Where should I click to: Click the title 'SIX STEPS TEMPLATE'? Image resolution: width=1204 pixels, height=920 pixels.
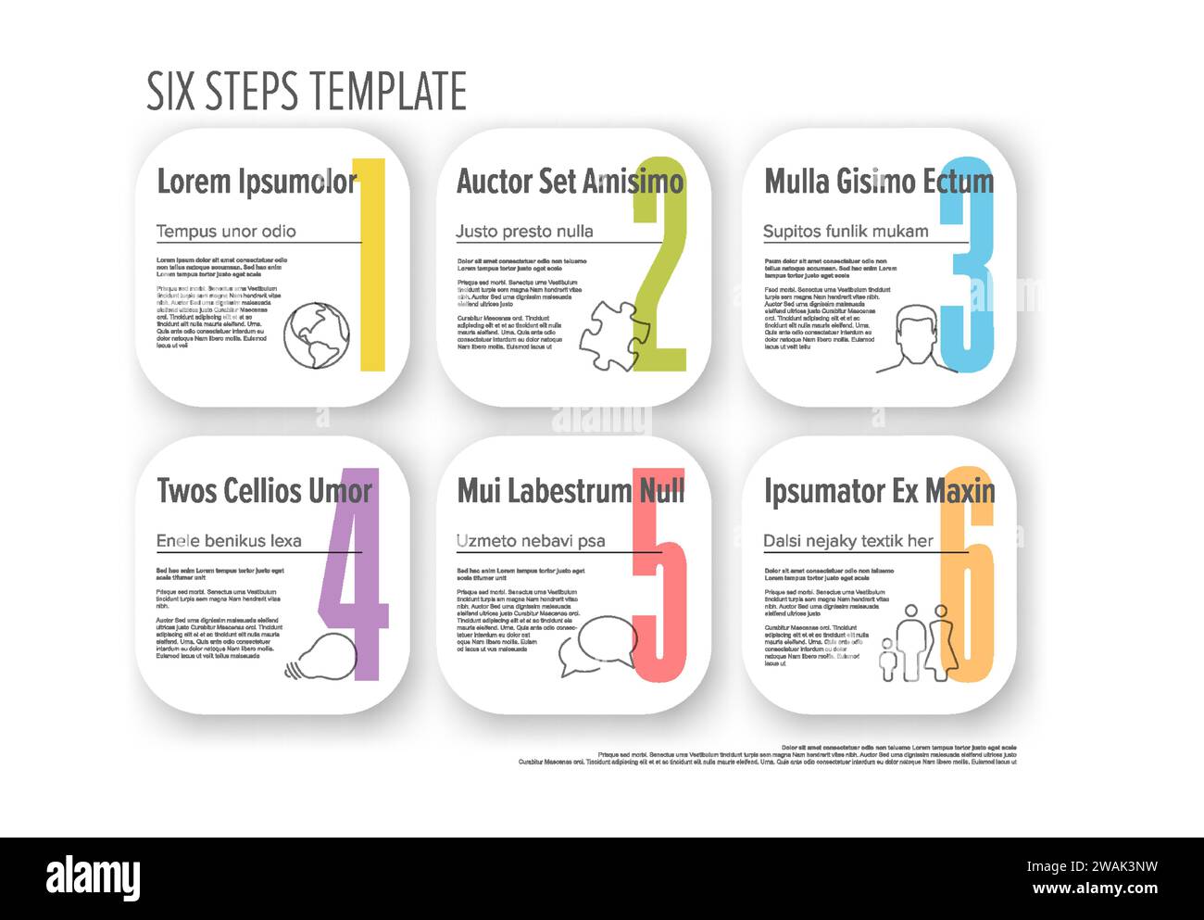307,91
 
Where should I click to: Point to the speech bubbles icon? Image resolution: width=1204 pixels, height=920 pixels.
596,645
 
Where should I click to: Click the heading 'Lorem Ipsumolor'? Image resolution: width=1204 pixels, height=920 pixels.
256,182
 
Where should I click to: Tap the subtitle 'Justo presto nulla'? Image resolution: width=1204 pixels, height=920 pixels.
524,232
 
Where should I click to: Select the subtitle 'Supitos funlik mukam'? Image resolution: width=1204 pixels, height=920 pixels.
845,232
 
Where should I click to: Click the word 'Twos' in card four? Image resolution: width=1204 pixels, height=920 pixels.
185,491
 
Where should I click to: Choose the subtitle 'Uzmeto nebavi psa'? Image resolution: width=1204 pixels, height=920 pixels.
530,541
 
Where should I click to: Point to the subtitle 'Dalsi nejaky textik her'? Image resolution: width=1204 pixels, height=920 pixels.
847,541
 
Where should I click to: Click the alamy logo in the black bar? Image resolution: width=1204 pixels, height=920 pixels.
93,878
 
